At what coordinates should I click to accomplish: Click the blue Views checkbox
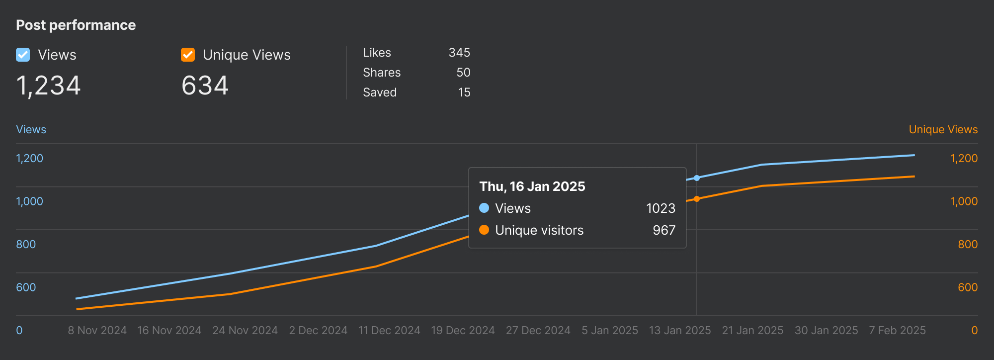point(23,55)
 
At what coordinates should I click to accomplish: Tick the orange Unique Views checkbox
point(188,55)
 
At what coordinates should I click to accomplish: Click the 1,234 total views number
point(48,86)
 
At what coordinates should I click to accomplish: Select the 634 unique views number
point(205,86)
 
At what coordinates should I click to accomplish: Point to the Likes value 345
point(459,53)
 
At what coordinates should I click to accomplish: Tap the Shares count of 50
point(463,73)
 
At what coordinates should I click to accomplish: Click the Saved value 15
point(464,92)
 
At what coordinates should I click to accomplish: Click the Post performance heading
point(76,25)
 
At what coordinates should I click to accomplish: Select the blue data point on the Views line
point(697,178)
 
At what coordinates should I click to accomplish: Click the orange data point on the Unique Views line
point(697,199)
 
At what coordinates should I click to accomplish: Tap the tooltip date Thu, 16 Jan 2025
point(532,186)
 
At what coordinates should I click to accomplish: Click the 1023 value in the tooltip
point(661,208)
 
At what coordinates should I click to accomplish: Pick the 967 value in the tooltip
point(664,230)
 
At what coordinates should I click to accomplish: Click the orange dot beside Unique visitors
point(484,230)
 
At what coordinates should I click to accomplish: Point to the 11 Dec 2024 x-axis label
point(389,331)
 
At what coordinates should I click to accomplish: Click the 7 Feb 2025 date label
point(897,331)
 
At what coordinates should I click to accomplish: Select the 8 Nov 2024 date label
point(97,331)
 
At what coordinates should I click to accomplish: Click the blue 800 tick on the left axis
point(26,244)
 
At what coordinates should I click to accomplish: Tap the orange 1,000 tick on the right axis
point(964,201)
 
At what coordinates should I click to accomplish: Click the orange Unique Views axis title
point(943,129)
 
